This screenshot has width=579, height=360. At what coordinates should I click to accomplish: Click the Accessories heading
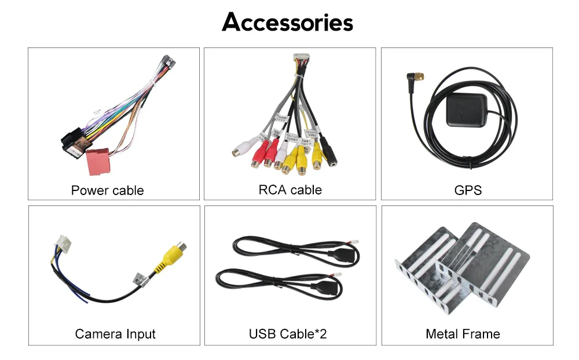287,23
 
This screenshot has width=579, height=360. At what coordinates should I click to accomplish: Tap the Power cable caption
107,190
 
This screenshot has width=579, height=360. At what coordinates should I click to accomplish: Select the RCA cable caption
289,189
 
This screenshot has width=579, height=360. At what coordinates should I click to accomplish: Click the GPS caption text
468,190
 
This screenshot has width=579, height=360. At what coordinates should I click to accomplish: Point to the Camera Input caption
115,334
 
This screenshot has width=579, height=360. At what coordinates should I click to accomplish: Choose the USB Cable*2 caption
288,334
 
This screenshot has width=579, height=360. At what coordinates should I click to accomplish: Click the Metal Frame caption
463,334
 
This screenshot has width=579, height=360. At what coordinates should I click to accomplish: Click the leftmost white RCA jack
240,152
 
